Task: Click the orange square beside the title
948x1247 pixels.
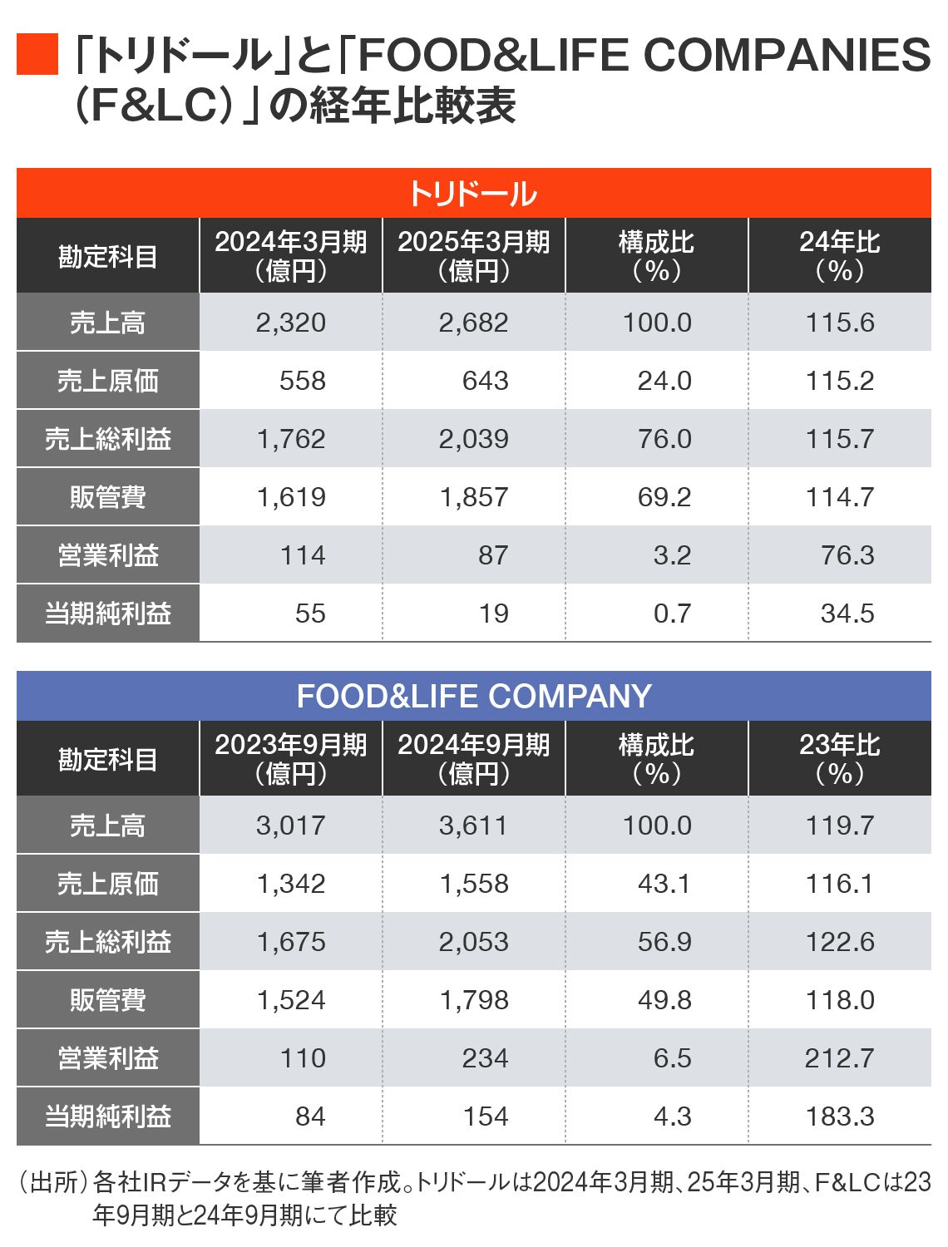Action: point(37,55)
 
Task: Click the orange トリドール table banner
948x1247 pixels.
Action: point(473,194)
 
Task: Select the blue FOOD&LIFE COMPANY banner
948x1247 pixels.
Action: point(473,696)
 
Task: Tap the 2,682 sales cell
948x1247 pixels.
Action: point(473,323)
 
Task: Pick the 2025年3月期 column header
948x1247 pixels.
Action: point(473,255)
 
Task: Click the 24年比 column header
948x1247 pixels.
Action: point(839,255)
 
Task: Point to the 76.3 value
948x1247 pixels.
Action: point(847,555)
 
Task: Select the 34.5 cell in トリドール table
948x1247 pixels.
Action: point(847,614)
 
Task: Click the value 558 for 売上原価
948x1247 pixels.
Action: point(302,381)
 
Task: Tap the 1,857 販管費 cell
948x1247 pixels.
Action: point(473,497)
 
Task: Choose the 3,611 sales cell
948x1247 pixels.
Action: point(473,826)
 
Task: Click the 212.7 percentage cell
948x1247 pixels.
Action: point(839,1058)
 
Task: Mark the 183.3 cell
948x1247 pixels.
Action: point(839,1116)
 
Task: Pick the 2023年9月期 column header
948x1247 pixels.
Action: point(290,758)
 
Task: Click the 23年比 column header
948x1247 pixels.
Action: point(839,758)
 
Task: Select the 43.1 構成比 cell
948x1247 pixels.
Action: point(664,884)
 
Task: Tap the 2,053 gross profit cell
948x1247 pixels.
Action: point(473,942)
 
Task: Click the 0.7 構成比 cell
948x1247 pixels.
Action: point(672,614)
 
